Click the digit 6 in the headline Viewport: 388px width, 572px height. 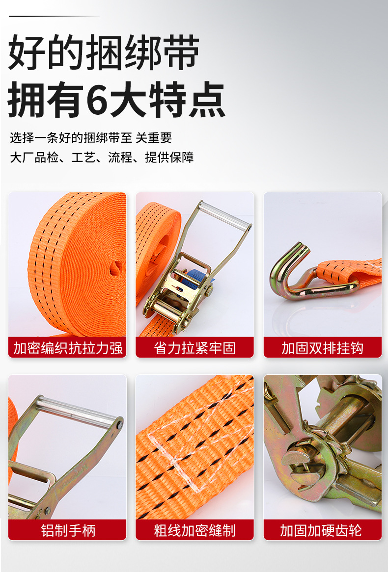click(x=97, y=100)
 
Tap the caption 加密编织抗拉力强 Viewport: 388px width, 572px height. click(x=68, y=348)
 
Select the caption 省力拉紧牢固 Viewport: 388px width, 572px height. click(x=194, y=348)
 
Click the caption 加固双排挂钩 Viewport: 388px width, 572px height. click(x=322, y=348)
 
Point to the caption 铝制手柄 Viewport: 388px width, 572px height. click(x=68, y=530)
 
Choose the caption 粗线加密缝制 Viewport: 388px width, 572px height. click(x=194, y=530)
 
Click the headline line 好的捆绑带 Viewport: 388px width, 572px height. click(x=104, y=52)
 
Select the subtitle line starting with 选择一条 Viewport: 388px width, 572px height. click(x=90, y=138)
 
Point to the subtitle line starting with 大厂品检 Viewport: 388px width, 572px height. click(x=102, y=157)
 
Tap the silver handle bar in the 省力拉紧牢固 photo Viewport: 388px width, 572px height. click(x=224, y=216)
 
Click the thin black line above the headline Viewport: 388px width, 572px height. click(x=54, y=16)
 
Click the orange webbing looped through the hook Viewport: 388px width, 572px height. click(x=348, y=272)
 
